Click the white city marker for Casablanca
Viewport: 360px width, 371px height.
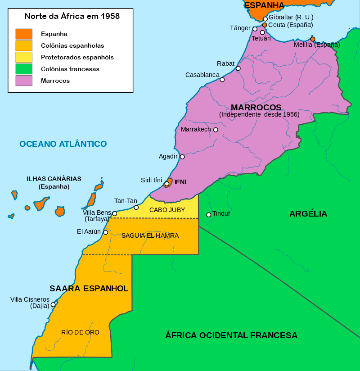click(x=222, y=80)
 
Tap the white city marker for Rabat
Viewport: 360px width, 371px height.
click(x=238, y=68)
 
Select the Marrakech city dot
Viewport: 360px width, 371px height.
click(x=216, y=130)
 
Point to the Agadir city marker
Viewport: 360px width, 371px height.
click(x=182, y=157)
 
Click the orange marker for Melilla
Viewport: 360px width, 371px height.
click(x=313, y=39)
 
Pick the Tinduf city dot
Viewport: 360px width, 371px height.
click(x=208, y=215)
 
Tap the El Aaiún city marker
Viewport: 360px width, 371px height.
click(x=105, y=232)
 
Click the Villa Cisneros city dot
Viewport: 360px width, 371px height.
click(x=53, y=304)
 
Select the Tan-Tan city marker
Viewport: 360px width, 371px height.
click(x=136, y=208)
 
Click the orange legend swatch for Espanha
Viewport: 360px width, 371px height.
click(x=24, y=34)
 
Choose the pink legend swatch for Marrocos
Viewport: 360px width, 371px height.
click(x=24, y=81)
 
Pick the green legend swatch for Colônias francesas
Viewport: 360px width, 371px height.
click(x=24, y=69)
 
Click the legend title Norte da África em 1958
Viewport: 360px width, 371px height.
click(x=72, y=16)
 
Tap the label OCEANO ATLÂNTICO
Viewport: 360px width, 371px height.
click(x=63, y=144)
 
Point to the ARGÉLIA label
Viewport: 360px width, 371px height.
click(x=308, y=214)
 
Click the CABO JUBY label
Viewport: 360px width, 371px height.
click(x=167, y=210)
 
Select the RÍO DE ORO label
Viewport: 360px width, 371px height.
click(x=80, y=332)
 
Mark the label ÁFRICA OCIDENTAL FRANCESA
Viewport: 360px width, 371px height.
click(x=231, y=335)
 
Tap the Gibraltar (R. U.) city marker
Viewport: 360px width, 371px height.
click(x=265, y=19)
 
